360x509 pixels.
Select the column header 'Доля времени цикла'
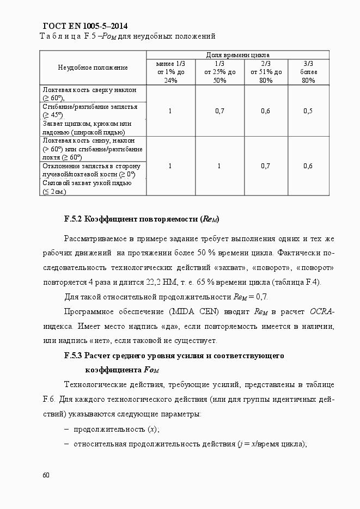(x=237, y=55)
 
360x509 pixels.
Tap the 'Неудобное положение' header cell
(x=93, y=68)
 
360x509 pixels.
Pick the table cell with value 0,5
(x=308, y=111)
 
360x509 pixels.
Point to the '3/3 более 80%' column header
(x=308, y=72)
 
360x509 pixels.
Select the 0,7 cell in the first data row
(x=219, y=111)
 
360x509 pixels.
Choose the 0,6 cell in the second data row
(x=308, y=165)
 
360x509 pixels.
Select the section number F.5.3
(x=72, y=355)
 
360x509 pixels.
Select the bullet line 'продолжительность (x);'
(x=116, y=429)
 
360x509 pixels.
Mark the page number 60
(x=46, y=475)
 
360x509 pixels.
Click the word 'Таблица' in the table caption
(x=57, y=36)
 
